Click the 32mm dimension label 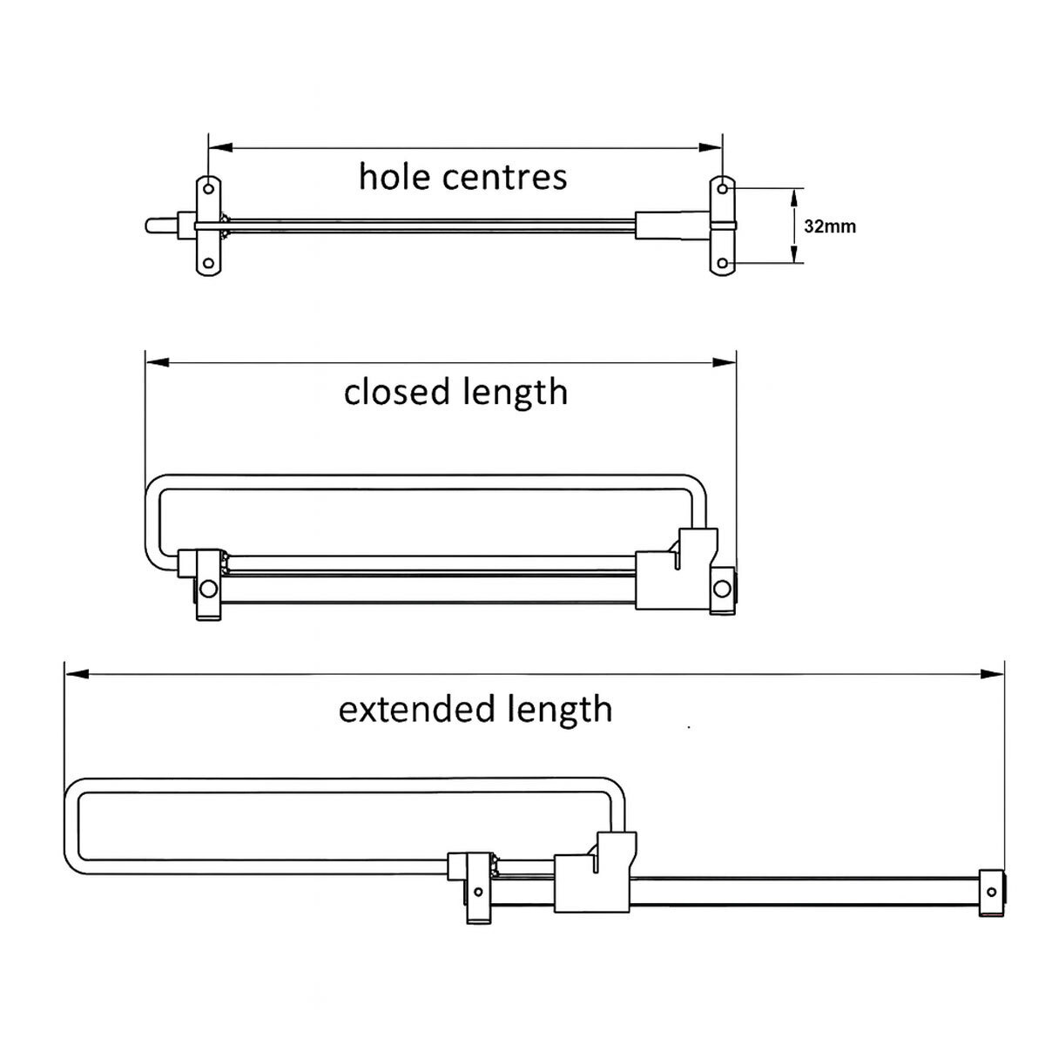[x=829, y=226]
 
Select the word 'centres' [x=504, y=177]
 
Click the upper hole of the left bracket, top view [x=209, y=187]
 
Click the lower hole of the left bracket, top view [x=209, y=264]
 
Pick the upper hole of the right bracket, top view [x=723, y=187]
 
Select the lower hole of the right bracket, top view [x=723, y=264]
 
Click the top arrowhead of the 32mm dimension [x=793, y=197]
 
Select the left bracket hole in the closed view [x=207, y=590]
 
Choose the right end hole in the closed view [x=721, y=590]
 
